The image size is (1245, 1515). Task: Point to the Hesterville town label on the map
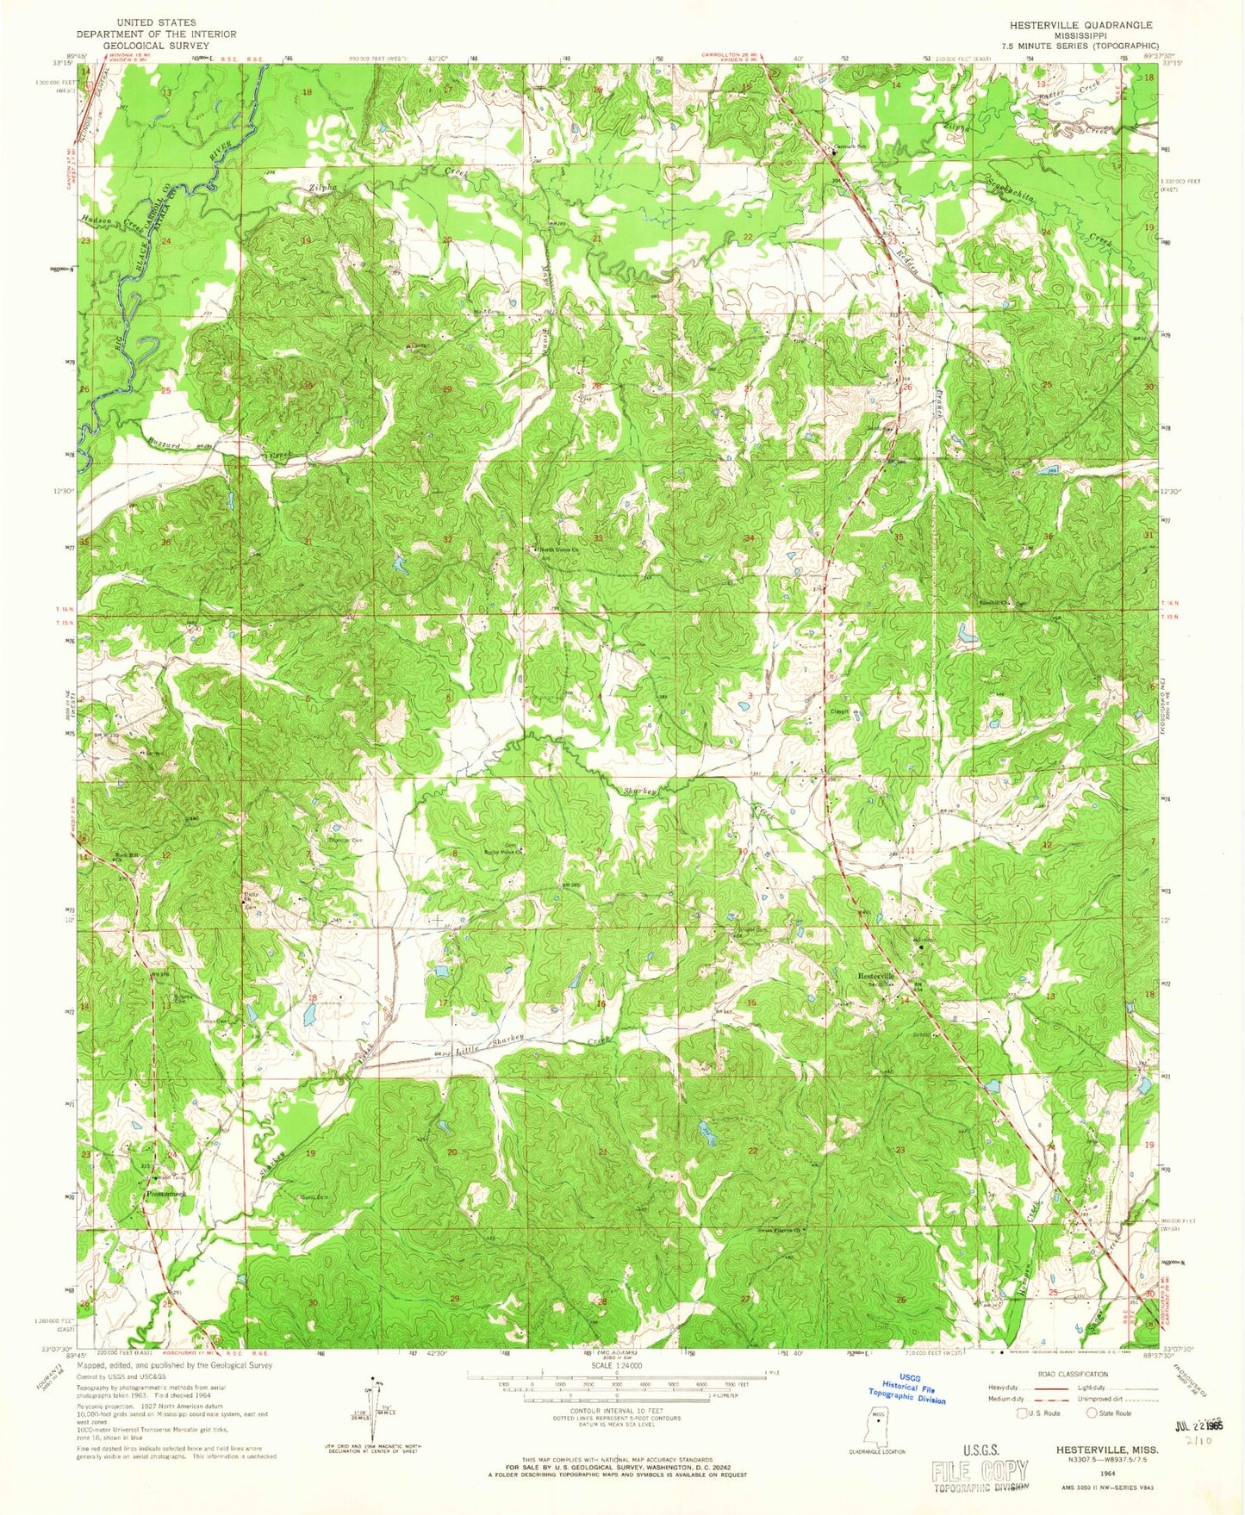(x=877, y=976)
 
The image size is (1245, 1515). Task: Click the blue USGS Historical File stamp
(x=912, y=1388)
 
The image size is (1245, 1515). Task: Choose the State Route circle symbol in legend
(x=1092, y=1413)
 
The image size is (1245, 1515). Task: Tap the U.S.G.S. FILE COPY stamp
(x=980, y=1472)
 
